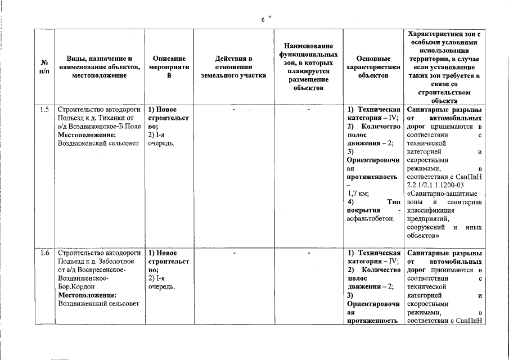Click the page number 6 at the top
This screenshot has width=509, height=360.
point(263,20)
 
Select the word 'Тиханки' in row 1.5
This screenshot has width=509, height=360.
point(113,119)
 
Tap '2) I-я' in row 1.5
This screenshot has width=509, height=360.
point(156,136)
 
